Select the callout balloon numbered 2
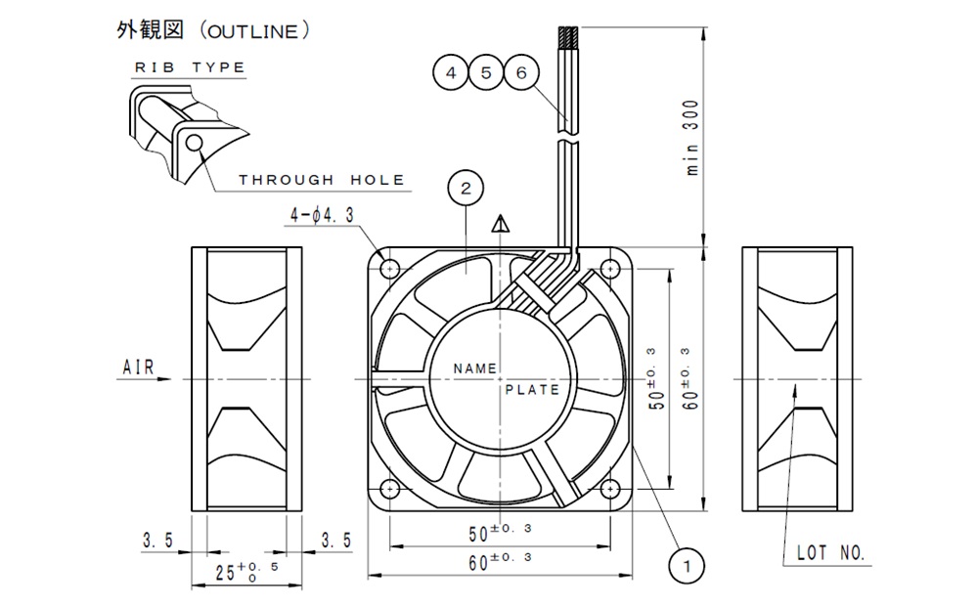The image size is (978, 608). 466,187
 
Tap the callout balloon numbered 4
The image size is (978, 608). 450,73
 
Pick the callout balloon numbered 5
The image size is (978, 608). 485,73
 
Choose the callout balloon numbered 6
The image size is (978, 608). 520,73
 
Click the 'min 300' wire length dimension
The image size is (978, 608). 692,137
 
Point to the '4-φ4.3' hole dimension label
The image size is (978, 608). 322,215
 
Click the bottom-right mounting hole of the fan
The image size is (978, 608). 610,487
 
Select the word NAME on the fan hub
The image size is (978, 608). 475,369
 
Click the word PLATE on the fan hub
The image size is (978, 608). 533,389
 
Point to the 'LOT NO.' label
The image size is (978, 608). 831,553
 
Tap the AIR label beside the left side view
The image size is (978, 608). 138,369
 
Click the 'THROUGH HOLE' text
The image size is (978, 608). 322,180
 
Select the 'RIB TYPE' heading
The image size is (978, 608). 190,68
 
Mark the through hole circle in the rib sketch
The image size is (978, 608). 196,145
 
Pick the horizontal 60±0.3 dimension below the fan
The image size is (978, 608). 500,562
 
